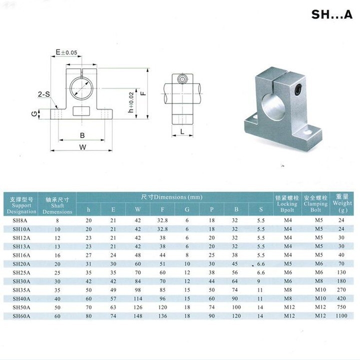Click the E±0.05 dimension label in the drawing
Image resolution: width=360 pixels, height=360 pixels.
click(x=66, y=52)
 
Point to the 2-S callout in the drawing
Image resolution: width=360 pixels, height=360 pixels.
click(x=43, y=94)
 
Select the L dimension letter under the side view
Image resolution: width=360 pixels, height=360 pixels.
click(x=182, y=131)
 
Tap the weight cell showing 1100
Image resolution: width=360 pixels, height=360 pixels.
click(x=342, y=316)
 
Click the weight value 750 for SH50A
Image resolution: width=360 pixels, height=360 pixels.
click(x=342, y=307)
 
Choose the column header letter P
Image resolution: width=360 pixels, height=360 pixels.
click(x=211, y=210)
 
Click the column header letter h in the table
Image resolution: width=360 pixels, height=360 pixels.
click(x=88, y=210)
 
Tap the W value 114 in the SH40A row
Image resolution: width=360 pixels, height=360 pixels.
click(x=137, y=298)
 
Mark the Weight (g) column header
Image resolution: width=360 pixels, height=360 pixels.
click(x=342, y=203)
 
